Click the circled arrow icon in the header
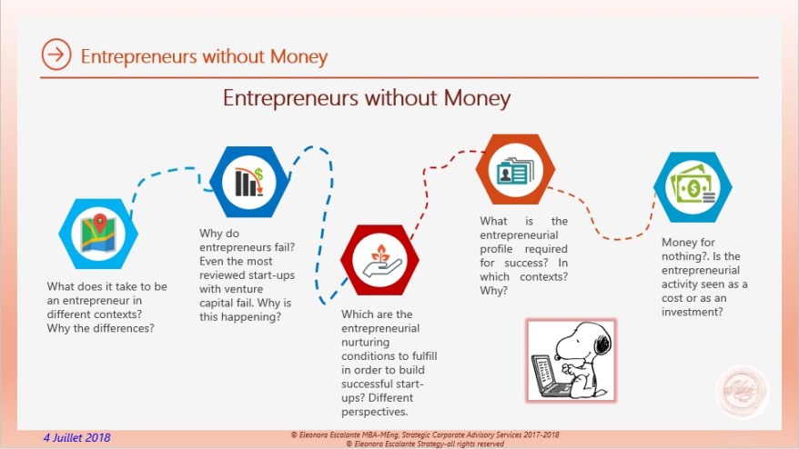tap(56, 55)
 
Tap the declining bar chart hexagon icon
tap(249, 182)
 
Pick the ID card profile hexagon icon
tap(516, 170)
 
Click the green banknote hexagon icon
tap(693, 188)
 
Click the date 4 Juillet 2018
tap(77, 437)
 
